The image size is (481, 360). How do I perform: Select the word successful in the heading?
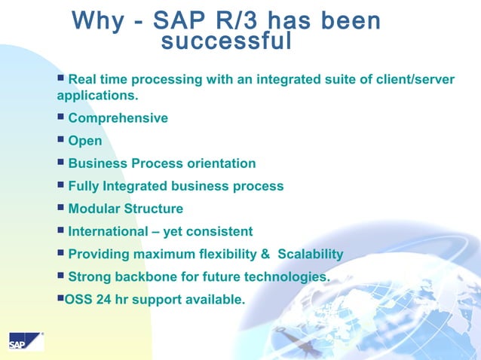pyautogui.click(x=226, y=42)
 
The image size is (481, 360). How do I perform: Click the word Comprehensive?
pyautogui.click(x=118, y=118)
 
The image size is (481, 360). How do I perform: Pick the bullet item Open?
pyautogui.click(x=84, y=141)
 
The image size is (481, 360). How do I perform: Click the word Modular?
pyautogui.click(x=94, y=209)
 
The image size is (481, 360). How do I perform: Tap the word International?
pyautogui.click(x=108, y=231)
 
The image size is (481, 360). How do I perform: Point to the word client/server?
pyautogui.click(x=407, y=79)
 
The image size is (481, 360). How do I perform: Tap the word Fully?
pyautogui.click(x=84, y=186)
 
